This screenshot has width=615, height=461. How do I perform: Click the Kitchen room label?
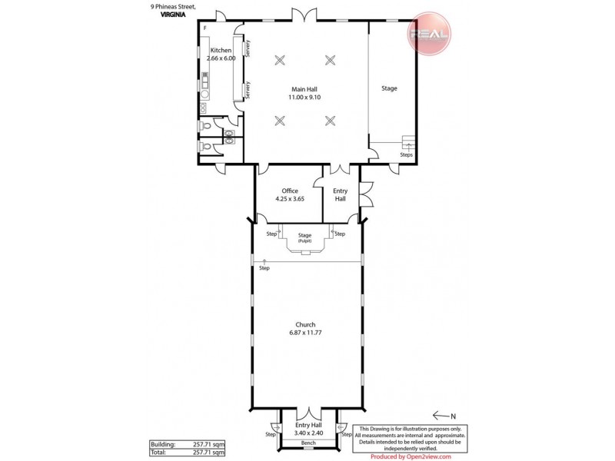(221, 50)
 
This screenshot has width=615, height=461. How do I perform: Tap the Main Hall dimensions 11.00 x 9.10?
(305, 98)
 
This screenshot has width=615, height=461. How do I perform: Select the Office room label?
(290, 191)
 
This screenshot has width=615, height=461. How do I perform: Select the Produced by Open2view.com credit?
(411, 456)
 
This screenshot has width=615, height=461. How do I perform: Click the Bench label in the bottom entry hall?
(307, 443)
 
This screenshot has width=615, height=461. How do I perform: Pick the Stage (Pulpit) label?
(306, 237)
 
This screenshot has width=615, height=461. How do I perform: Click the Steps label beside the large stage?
(406, 154)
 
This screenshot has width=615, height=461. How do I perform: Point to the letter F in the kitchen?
(205, 28)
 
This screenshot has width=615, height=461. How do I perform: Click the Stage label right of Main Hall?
(389, 88)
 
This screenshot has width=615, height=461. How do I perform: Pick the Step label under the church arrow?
(264, 268)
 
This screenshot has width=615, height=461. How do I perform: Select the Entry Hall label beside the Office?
(339, 195)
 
